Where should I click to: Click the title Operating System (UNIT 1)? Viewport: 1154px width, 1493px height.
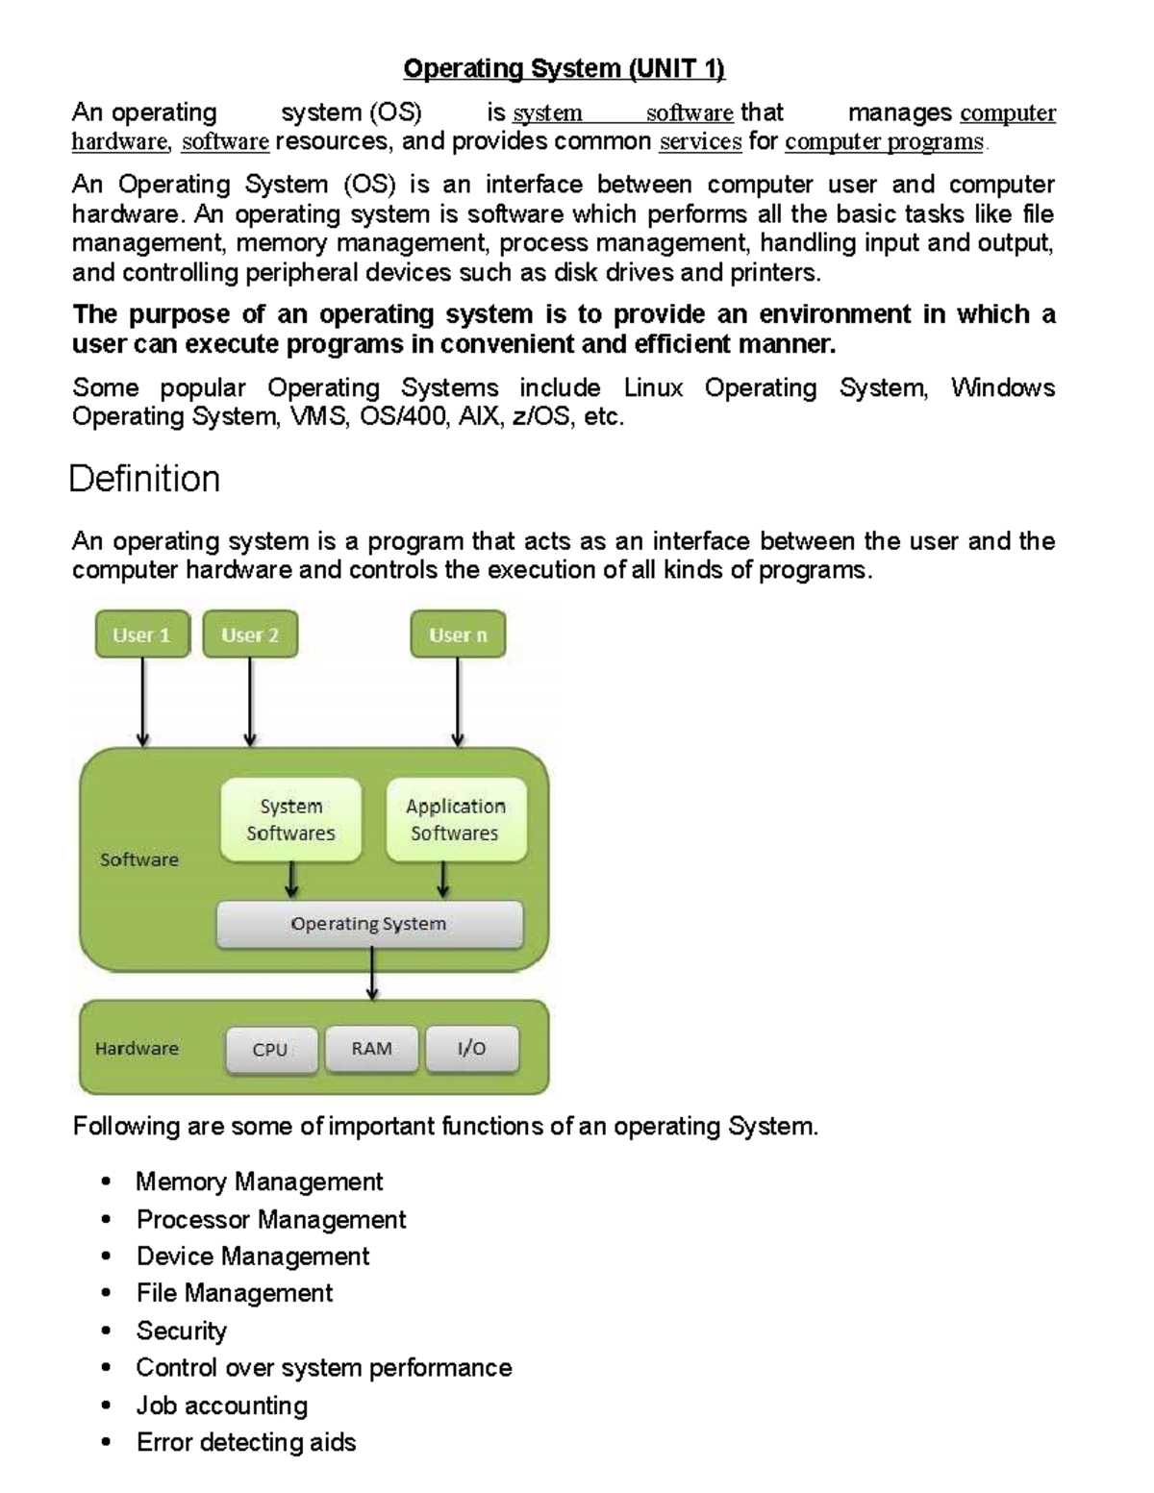(x=564, y=69)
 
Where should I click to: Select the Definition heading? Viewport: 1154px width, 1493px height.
(x=144, y=479)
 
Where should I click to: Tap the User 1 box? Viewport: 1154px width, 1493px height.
(x=142, y=635)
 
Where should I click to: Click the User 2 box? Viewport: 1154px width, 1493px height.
(x=250, y=635)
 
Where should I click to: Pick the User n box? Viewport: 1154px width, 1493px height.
(x=458, y=635)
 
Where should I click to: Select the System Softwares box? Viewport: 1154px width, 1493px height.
(x=290, y=819)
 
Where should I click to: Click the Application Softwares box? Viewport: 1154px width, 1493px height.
(x=455, y=819)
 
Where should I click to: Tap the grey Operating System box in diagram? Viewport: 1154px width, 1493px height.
(x=369, y=924)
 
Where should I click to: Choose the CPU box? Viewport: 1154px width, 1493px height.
(x=270, y=1050)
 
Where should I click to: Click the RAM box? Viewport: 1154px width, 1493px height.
(x=371, y=1049)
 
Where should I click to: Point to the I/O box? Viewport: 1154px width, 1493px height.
(x=471, y=1049)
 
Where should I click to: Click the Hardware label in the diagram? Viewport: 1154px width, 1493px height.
(x=137, y=1049)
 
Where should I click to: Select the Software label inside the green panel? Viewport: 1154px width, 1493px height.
(x=139, y=859)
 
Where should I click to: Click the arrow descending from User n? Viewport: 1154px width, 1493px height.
(x=458, y=702)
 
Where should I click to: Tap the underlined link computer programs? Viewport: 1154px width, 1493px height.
(x=884, y=142)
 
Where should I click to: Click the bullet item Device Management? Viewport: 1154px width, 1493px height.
(x=253, y=1257)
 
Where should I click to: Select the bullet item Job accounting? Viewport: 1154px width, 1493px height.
(x=222, y=1406)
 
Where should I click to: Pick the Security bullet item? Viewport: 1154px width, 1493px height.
(x=182, y=1331)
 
